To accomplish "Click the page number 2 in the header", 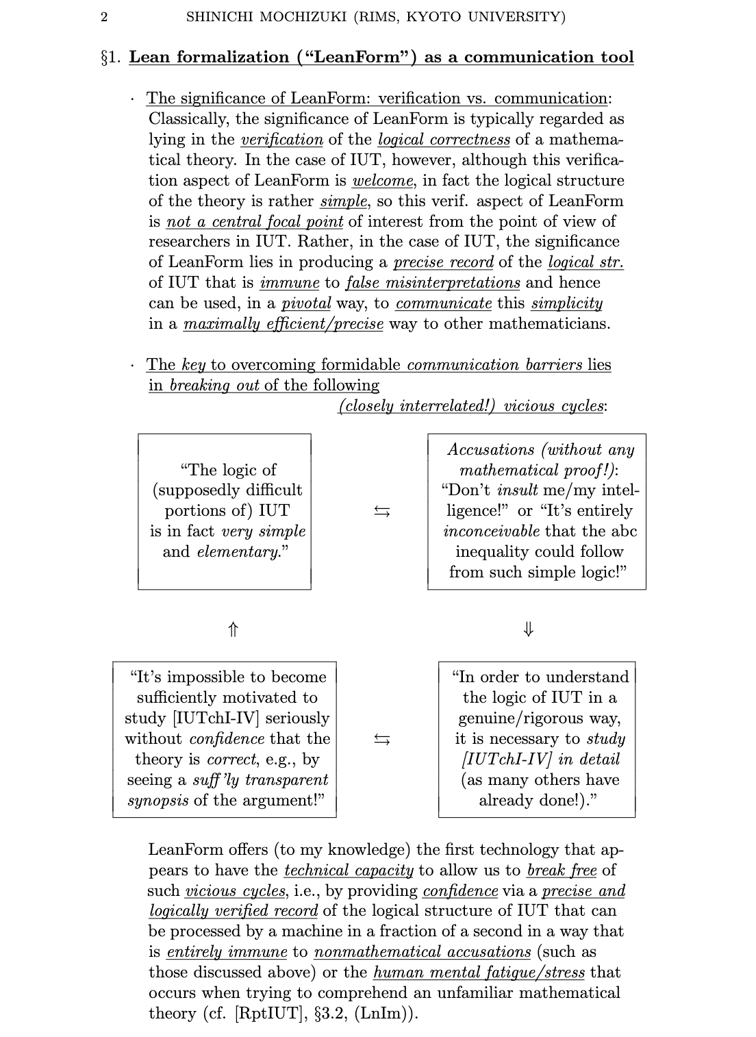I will pyautogui.click(x=104, y=17).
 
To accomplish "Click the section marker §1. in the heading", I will pyautogui.click(x=111, y=58).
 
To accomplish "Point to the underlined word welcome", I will pyautogui.click(x=383, y=181).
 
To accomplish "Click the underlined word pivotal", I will pyautogui.click(x=305, y=303).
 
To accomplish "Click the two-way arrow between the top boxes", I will pyautogui.click(x=382, y=511).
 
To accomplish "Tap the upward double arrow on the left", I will pyautogui.click(x=233, y=629).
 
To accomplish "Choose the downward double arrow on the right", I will pyautogui.click(x=528, y=629).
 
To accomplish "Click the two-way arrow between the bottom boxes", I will pyautogui.click(x=382, y=739).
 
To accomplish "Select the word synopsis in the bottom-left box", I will pyautogui.click(x=157, y=801).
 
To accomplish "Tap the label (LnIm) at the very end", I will pyautogui.click(x=382, y=1014).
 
